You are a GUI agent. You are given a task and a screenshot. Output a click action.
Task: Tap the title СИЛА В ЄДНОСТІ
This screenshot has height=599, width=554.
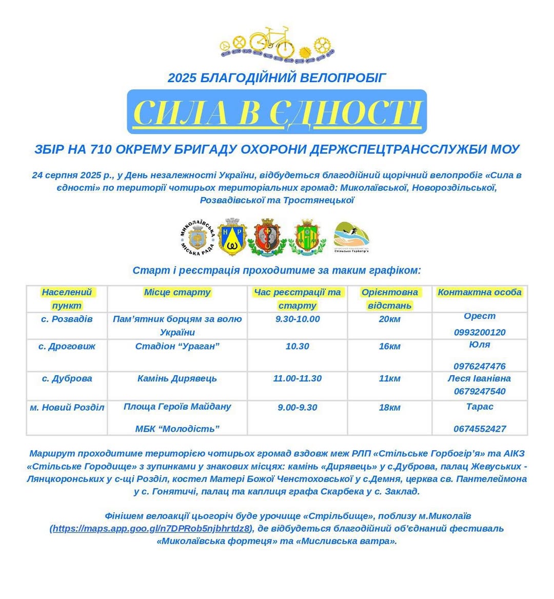(277, 112)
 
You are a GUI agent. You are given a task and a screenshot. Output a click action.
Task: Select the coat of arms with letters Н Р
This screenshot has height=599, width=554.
(232, 238)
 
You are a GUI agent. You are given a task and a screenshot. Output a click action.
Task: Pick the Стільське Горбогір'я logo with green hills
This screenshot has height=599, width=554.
(351, 237)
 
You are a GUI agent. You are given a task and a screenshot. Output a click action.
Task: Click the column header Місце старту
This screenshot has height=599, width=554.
(177, 292)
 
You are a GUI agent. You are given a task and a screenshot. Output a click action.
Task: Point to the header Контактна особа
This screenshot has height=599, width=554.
(480, 292)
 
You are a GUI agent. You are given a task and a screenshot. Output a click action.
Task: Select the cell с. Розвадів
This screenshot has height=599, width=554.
(67, 319)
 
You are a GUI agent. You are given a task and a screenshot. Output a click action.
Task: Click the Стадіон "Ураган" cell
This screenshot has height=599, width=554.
(177, 346)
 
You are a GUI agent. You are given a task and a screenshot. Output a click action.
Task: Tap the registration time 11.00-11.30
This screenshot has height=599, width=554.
(297, 378)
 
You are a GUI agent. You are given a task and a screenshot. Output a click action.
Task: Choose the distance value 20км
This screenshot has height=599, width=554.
(389, 319)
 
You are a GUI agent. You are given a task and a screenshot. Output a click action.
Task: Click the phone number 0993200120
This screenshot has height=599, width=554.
(480, 332)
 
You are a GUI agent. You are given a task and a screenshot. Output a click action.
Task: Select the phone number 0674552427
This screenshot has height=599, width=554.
(480, 429)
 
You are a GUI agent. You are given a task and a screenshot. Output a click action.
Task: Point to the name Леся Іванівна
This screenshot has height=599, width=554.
(479, 378)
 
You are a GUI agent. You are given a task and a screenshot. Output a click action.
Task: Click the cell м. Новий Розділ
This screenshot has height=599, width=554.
(67, 408)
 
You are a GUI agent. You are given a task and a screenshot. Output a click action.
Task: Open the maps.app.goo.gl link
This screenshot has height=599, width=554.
(151, 528)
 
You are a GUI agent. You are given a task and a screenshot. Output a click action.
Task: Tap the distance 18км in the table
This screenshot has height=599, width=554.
(389, 408)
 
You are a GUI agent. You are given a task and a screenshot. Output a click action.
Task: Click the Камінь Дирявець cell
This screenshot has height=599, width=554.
(177, 378)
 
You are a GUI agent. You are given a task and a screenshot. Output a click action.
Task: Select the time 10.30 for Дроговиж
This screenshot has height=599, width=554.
(297, 346)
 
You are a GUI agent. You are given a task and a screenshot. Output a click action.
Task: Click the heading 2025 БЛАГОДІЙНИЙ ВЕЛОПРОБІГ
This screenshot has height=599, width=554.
(277, 78)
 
